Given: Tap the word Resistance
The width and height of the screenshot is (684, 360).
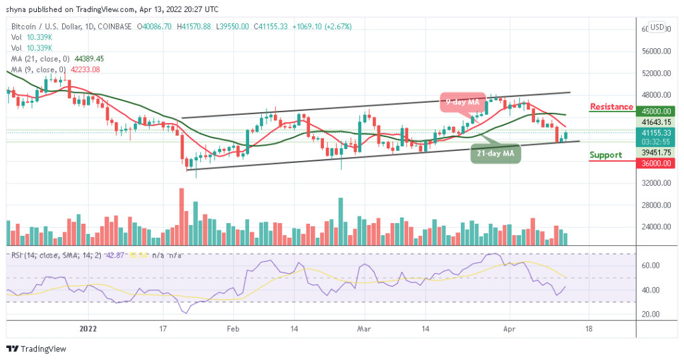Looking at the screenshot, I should pyautogui.click(x=611, y=107).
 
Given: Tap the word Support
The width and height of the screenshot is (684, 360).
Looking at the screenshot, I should pyautogui.click(x=606, y=155).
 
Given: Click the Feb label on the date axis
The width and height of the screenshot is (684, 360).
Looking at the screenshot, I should pyautogui.click(x=232, y=328).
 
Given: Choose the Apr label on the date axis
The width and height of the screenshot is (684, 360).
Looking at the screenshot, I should pyautogui.click(x=509, y=328).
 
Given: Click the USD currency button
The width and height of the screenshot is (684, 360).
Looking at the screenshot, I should pyautogui.click(x=657, y=27).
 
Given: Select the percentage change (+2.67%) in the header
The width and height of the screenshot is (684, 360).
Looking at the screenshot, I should pyautogui.click(x=338, y=27).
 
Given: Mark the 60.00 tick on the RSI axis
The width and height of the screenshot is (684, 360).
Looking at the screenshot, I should pyautogui.click(x=651, y=265).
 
